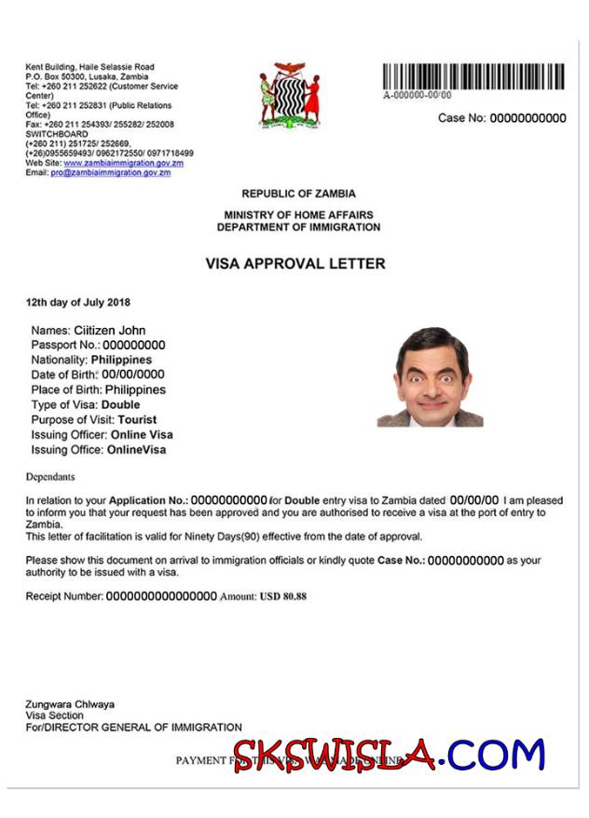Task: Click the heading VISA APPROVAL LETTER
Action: click(x=294, y=264)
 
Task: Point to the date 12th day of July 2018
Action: click(x=78, y=302)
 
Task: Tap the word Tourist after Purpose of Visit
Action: click(x=137, y=420)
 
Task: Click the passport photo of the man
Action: click(x=430, y=376)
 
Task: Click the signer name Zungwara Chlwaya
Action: click(x=70, y=704)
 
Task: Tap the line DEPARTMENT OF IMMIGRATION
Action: click(x=298, y=227)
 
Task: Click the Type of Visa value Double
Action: click(x=120, y=405)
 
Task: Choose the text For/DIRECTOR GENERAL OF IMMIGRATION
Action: click(x=133, y=727)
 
